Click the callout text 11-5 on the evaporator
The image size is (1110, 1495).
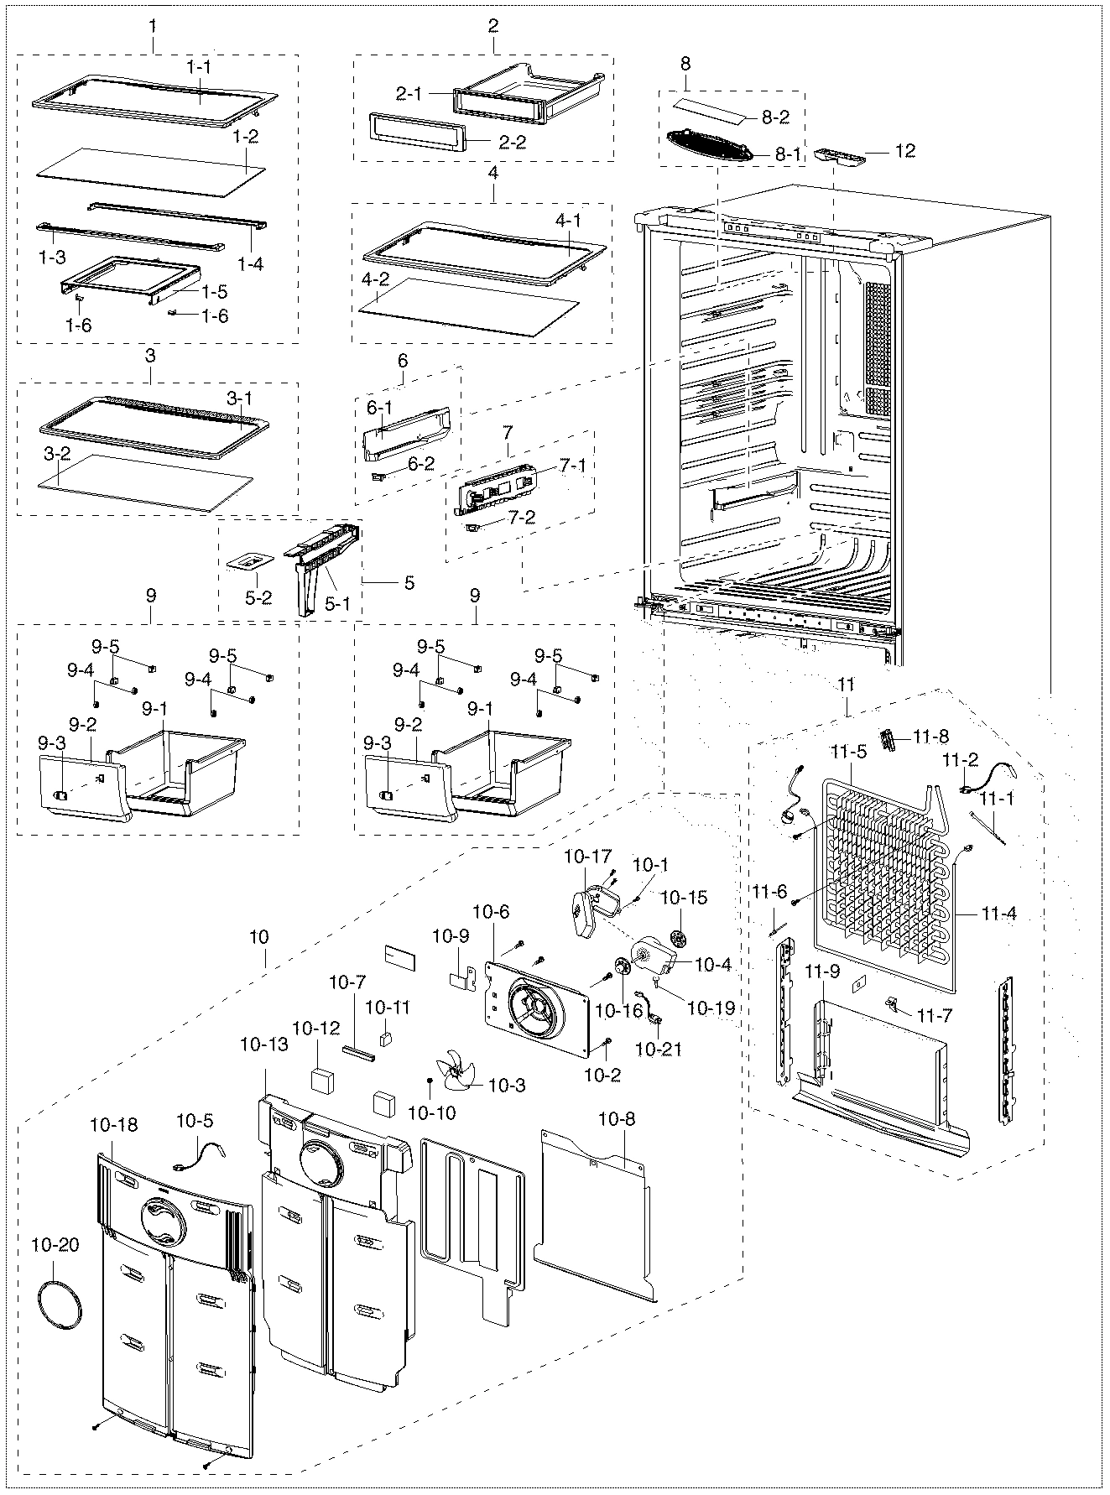(x=848, y=753)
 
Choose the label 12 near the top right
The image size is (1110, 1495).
(x=905, y=151)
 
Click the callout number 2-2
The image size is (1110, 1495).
(x=512, y=143)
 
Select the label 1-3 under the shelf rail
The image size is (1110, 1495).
(x=51, y=258)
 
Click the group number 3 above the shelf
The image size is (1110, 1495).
(x=150, y=356)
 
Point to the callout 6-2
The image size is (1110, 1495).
(x=421, y=462)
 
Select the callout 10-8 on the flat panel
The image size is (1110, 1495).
(x=617, y=1118)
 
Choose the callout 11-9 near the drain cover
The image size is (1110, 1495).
(x=821, y=971)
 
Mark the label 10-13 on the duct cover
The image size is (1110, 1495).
(x=263, y=1044)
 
